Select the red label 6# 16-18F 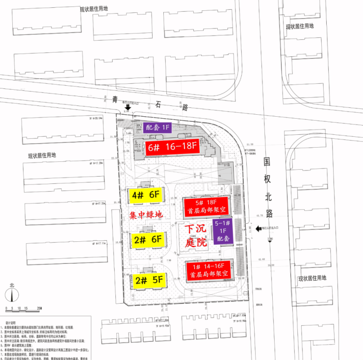[172, 146]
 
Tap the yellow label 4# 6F [146, 195]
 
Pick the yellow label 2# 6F [148, 239]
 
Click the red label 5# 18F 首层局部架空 [206, 206]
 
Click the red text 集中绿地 [145, 215]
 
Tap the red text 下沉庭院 [196, 236]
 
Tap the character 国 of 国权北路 [267, 161]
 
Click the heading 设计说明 [11, 323]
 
